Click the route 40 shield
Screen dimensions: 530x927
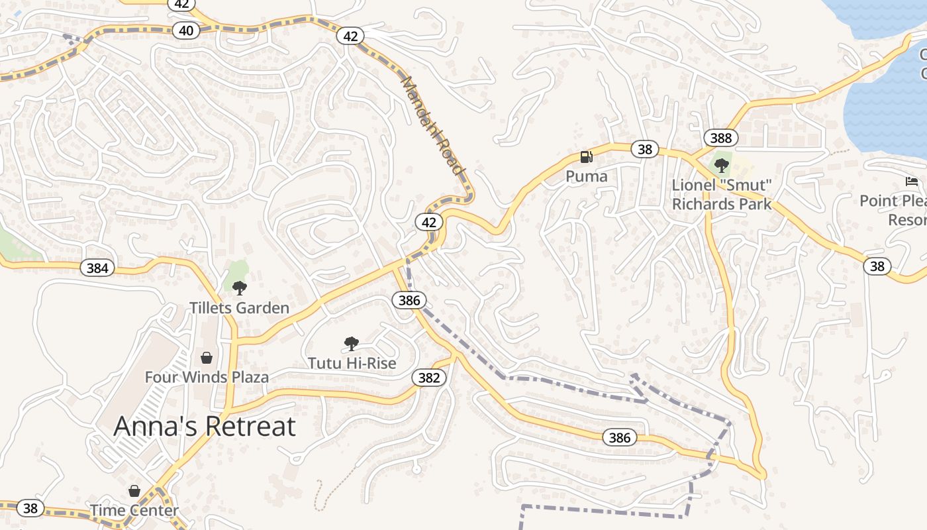pyautogui.click(x=186, y=30)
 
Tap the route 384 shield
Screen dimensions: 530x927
pyautogui.click(x=97, y=268)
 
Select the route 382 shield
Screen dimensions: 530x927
pyautogui.click(x=429, y=378)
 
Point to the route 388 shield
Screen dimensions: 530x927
pyautogui.click(x=720, y=138)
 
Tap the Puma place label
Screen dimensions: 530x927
pyautogui.click(x=586, y=176)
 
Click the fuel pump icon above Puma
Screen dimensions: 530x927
pyautogui.click(x=586, y=157)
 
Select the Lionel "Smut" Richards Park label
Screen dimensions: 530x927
pyautogui.click(x=722, y=195)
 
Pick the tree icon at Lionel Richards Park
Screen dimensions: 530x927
pyautogui.click(x=722, y=165)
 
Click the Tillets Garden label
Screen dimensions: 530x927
pyautogui.click(x=239, y=308)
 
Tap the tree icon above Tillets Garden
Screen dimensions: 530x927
pyautogui.click(x=240, y=288)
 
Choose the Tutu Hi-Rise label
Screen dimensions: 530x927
pyautogui.click(x=352, y=363)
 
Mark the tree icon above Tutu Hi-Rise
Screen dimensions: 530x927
pyautogui.click(x=352, y=343)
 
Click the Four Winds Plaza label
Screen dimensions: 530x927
pyautogui.click(x=207, y=378)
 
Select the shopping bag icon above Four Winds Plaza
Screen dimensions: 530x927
pyautogui.click(x=207, y=358)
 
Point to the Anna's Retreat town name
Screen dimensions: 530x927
pyautogui.click(x=205, y=426)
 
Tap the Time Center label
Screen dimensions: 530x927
pyautogui.click(x=134, y=511)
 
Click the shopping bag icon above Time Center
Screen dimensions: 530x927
pyautogui.click(x=134, y=491)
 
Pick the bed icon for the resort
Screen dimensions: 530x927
pyautogui.click(x=912, y=182)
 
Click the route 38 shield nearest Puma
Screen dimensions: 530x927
pyautogui.click(x=645, y=149)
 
